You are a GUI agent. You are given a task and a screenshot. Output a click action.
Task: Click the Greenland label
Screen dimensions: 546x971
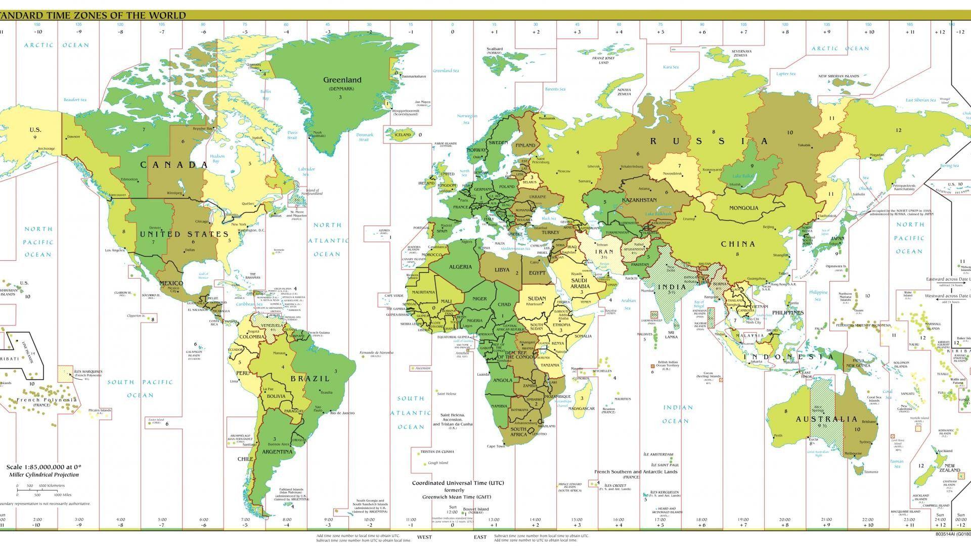tap(342, 80)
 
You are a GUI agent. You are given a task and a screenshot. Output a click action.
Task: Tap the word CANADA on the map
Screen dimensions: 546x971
tap(174, 165)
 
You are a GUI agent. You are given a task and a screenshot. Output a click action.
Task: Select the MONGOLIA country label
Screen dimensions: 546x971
tap(743, 208)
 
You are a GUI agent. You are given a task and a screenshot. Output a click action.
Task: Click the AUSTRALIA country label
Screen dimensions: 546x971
tap(827, 419)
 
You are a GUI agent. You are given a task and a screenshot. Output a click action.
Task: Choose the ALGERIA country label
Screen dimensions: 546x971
tap(460, 267)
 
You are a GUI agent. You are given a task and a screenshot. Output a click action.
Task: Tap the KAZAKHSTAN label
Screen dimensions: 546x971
tap(639, 200)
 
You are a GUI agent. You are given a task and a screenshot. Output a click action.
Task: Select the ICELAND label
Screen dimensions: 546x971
tap(403, 135)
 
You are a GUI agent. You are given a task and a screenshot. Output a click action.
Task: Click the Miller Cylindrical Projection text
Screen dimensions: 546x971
tap(43, 475)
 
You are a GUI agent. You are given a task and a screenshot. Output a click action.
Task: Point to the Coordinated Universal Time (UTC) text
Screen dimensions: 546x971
tap(458, 483)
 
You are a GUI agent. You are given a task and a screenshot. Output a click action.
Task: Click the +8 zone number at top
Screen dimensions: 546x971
tap(785, 32)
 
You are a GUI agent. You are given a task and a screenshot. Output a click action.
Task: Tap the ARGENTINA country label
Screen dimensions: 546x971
tap(277, 452)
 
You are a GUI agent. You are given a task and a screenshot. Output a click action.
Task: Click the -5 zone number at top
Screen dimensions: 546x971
tap(245, 32)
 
